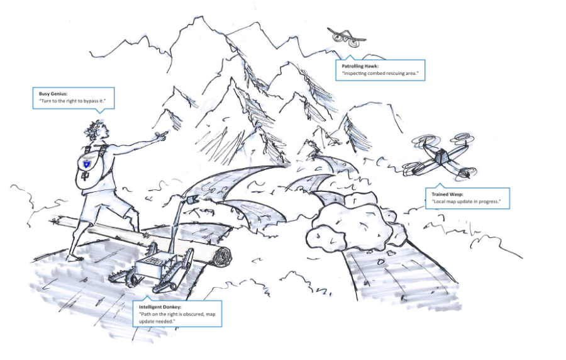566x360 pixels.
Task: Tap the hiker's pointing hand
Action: [x=162, y=133]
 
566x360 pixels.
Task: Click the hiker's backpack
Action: [x=88, y=167]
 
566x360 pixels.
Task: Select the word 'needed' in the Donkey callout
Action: [x=165, y=321]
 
